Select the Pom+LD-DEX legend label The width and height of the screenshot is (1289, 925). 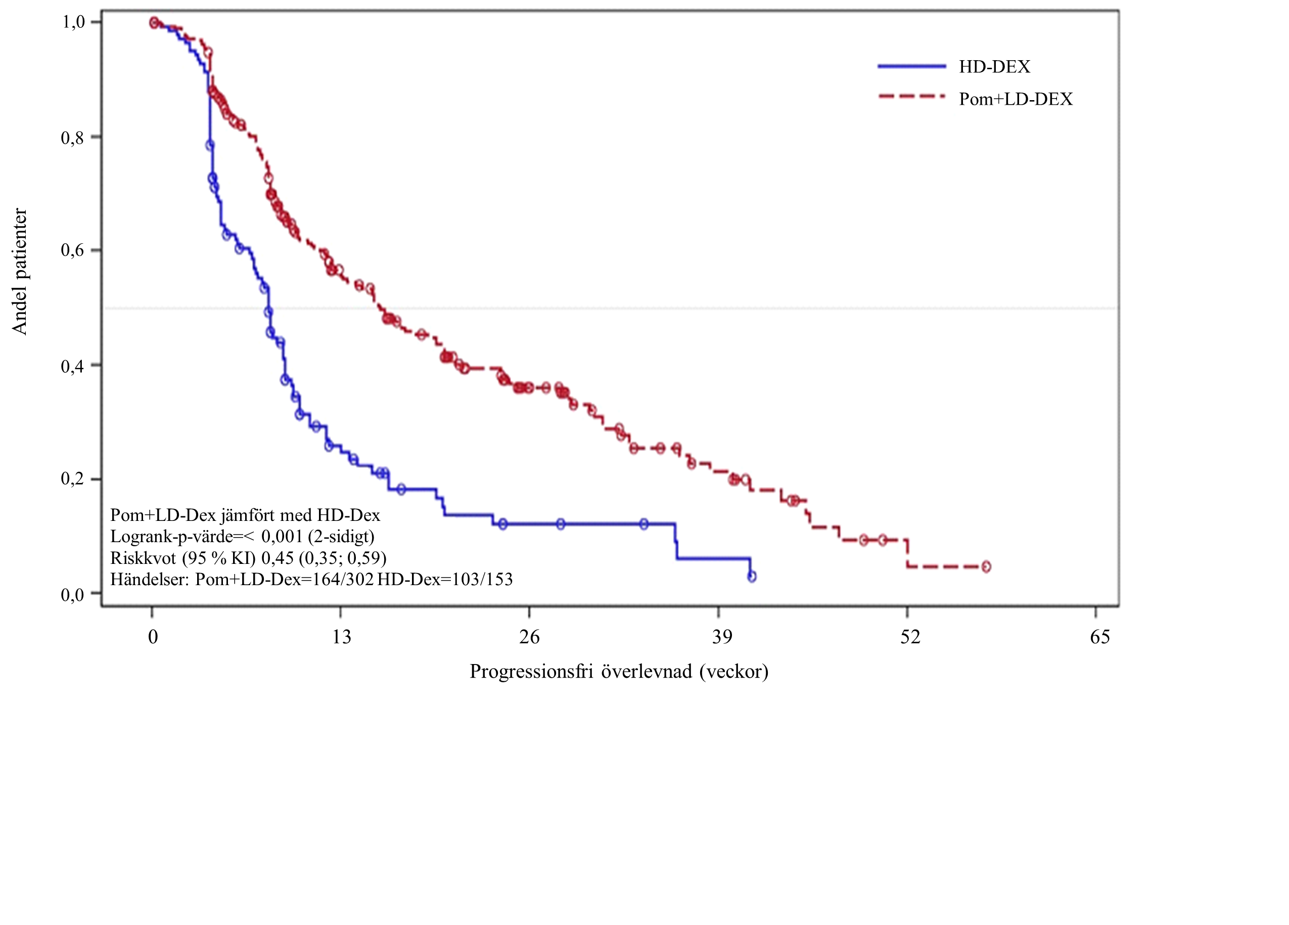tap(1015, 100)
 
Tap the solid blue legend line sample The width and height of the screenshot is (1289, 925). tap(911, 67)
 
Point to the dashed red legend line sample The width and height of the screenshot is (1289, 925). tap(911, 97)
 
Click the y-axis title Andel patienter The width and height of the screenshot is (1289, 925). tap(20, 271)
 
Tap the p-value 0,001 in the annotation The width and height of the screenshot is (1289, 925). tap(282, 536)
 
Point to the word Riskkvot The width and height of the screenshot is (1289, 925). tap(143, 558)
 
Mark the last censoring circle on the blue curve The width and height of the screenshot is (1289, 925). tap(752, 577)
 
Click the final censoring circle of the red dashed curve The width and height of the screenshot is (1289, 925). tap(986, 566)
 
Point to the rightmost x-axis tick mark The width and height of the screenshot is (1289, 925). tap(1096, 612)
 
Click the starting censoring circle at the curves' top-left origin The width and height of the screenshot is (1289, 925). tap(154, 22)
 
